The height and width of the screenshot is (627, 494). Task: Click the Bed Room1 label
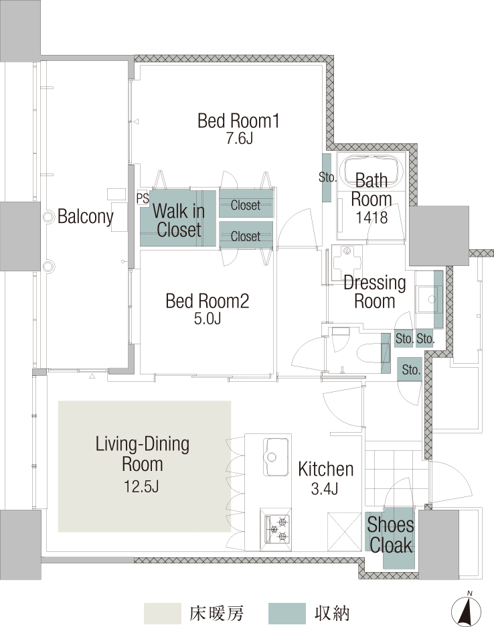(238, 121)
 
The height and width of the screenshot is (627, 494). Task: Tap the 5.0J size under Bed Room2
(208, 319)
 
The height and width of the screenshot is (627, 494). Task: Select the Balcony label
(86, 217)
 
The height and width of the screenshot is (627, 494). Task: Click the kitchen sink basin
(276, 457)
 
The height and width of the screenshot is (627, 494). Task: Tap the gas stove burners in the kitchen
(276, 528)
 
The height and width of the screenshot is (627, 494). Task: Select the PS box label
(143, 198)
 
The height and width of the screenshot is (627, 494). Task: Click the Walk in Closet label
(178, 220)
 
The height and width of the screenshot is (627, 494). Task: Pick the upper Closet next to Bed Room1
(246, 205)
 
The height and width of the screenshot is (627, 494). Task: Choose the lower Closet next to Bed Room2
(246, 236)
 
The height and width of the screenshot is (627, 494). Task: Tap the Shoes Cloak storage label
(390, 535)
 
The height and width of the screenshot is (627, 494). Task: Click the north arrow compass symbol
(466, 609)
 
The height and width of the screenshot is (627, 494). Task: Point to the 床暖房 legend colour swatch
(162, 614)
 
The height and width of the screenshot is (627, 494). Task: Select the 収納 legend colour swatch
(287, 614)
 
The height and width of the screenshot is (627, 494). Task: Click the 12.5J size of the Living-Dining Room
(141, 486)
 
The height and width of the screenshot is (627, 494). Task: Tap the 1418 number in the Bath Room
(372, 218)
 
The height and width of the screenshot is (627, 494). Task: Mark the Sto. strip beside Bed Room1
(327, 178)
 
